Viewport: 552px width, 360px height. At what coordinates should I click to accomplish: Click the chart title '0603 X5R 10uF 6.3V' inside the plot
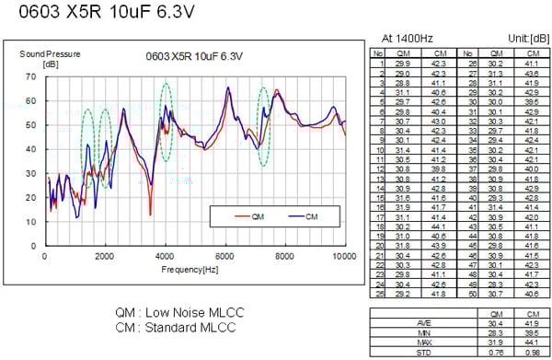(194, 56)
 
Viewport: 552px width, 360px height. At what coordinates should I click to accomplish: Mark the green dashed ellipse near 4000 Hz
(166, 122)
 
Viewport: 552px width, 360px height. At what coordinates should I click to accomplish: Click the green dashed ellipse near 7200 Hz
(263, 127)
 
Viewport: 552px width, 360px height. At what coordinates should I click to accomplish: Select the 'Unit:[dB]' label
(525, 38)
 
